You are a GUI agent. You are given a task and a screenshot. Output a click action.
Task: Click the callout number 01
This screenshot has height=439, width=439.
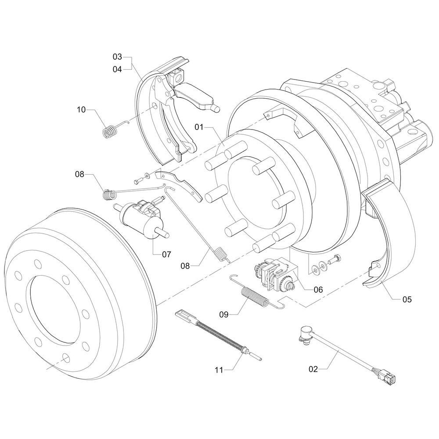(200, 128)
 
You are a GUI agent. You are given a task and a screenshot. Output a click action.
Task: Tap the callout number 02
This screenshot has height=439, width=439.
(313, 369)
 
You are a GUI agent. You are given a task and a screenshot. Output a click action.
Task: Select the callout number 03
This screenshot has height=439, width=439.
(117, 57)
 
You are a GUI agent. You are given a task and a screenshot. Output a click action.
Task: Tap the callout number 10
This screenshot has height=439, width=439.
(82, 110)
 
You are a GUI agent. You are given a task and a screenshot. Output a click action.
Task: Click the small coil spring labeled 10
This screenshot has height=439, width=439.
(111, 131)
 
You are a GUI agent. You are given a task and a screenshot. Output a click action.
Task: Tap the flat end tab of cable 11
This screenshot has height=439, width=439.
(184, 316)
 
